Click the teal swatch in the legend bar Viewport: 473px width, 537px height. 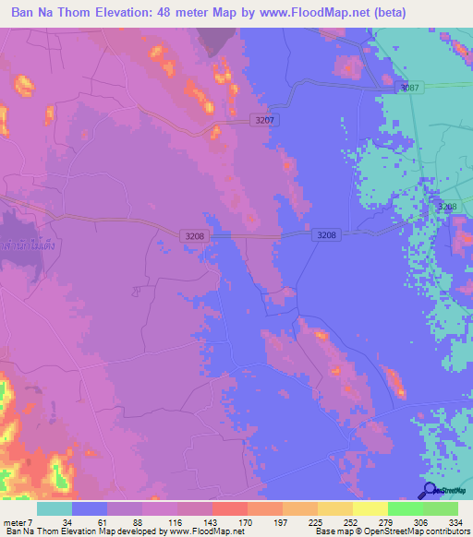(x=55, y=508)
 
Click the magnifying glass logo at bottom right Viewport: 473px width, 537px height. (x=429, y=490)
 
